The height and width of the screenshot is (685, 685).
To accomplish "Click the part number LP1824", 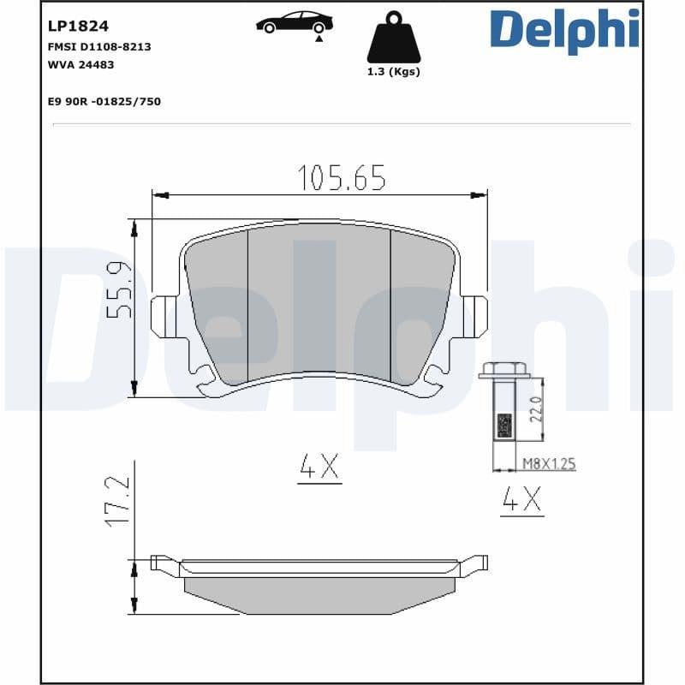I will [78, 27].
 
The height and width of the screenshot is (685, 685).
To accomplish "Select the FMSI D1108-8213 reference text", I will [99, 47].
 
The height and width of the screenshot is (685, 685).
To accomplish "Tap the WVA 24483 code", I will [82, 64].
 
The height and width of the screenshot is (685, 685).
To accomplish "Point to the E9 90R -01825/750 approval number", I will [104, 102].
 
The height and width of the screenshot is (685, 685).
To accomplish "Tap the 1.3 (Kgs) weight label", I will [393, 72].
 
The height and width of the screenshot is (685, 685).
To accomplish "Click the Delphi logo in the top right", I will [564, 29].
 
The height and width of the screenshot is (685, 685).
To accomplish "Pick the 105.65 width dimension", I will [341, 178].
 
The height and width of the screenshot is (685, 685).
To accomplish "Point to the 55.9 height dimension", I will [119, 291].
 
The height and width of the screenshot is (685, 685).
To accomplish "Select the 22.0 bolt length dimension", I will [538, 409].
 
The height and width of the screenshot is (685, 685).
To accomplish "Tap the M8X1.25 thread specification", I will [549, 464].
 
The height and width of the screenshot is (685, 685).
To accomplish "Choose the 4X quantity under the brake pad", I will [319, 467].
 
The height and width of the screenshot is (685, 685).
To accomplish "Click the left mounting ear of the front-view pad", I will [163, 316].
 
